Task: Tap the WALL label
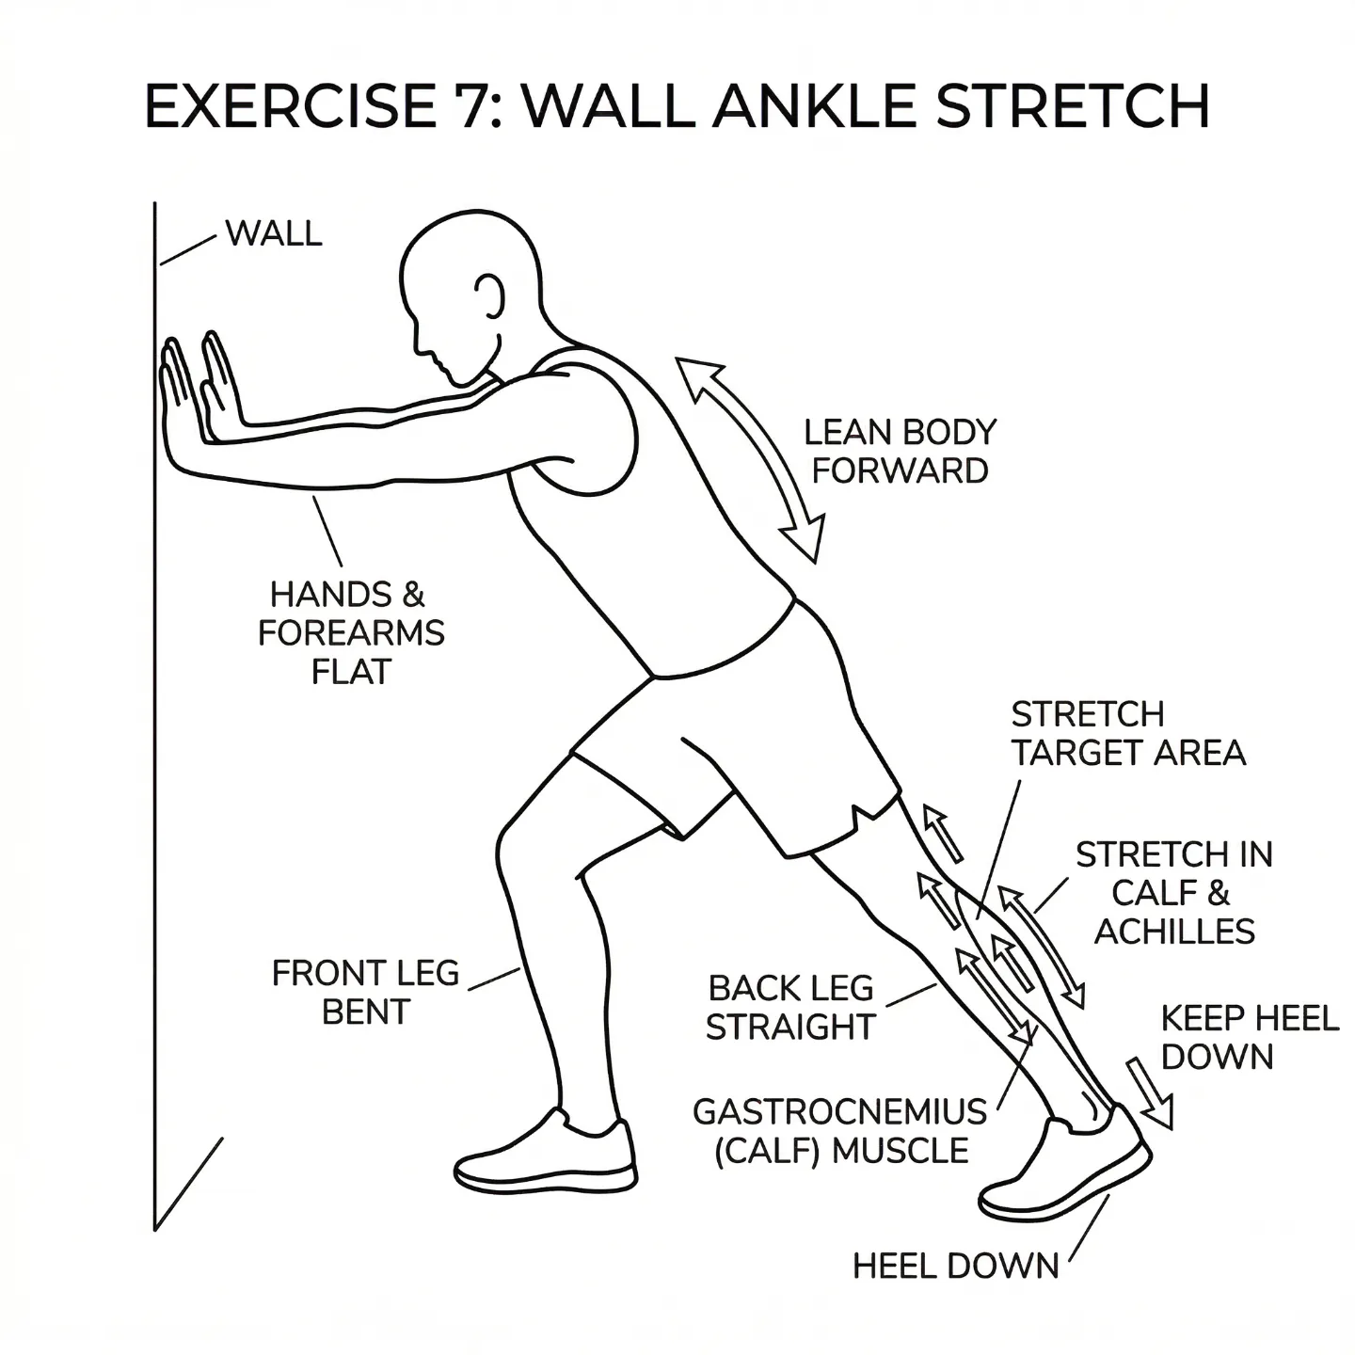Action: (274, 233)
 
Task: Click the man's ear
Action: (489, 295)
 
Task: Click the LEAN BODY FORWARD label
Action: (901, 452)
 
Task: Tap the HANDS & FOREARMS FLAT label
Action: (351, 633)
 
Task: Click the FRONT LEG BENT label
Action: (366, 993)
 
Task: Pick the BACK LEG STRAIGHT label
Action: (790, 1008)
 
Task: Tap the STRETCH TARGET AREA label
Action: (1128, 734)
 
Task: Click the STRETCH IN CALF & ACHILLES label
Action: (1174, 893)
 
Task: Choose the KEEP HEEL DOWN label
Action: (1251, 1037)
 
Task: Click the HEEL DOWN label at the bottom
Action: (956, 1267)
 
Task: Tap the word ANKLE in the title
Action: (814, 106)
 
